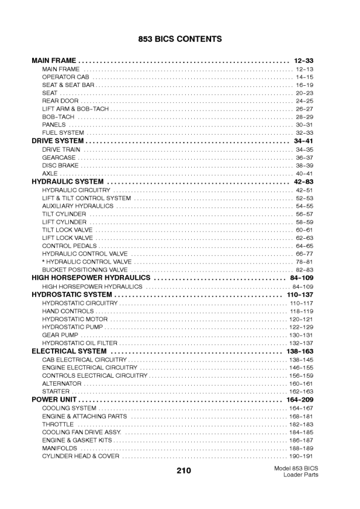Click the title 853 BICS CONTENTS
tap(180, 39)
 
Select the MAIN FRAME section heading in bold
tap(54, 61)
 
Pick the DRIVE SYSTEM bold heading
tap(57, 141)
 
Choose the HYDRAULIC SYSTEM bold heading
tap(67, 181)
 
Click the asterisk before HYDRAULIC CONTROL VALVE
tap(44, 262)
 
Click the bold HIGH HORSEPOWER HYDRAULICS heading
tap(91, 278)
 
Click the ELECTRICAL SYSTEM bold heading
tap(69, 351)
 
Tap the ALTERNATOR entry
tap(62, 384)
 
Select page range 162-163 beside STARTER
tap(301, 392)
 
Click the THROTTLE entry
tap(57, 424)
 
